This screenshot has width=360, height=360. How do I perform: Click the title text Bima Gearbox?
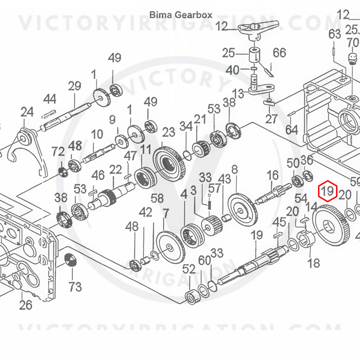(181, 15)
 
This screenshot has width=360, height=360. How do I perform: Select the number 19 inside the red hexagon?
(327, 191)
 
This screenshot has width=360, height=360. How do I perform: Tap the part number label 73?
(75, 287)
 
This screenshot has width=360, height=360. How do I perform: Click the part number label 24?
(27, 112)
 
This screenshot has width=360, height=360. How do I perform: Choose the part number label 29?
(74, 86)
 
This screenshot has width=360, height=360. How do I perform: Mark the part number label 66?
(280, 53)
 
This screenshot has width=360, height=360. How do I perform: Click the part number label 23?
(169, 132)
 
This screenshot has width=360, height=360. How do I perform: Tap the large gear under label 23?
(169, 165)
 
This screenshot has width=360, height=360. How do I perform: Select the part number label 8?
(234, 170)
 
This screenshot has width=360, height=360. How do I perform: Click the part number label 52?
(189, 269)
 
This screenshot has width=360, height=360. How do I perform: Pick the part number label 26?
(26, 305)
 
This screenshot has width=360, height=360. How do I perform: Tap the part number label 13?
(238, 94)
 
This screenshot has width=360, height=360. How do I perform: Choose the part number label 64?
(292, 130)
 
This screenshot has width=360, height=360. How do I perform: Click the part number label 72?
(58, 151)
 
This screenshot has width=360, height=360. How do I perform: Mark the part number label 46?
(98, 176)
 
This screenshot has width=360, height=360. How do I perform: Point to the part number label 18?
(313, 263)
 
